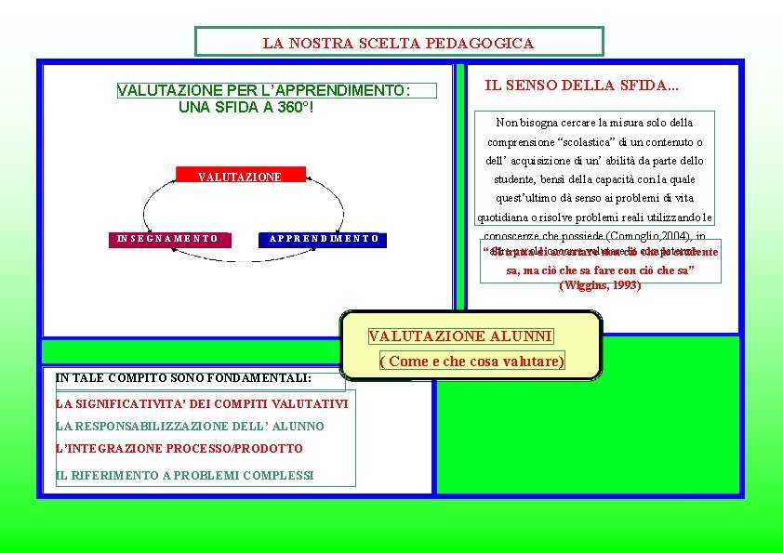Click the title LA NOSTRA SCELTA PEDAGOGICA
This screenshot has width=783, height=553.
click(398, 43)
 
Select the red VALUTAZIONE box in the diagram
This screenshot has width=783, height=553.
click(240, 177)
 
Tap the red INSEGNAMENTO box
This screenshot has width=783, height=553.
click(168, 239)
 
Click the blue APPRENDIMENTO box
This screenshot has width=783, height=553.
click(324, 239)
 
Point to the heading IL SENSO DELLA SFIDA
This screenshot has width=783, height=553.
click(582, 86)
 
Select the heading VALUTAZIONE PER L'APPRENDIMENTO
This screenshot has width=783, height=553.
click(263, 90)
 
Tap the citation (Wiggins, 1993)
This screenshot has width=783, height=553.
click(600, 286)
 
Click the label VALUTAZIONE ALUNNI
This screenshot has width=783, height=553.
click(460, 336)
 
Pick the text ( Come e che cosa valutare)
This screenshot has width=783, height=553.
click(472, 362)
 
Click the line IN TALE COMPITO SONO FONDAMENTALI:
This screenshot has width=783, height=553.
click(183, 378)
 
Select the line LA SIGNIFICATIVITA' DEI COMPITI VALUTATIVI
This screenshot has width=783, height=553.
click(202, 404)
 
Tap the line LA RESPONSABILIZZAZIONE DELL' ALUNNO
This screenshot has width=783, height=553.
click(190, 427)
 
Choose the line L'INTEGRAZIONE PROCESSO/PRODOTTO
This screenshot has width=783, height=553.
click(179, 449)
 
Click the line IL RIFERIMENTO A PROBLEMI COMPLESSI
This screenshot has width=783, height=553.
click(185, 475)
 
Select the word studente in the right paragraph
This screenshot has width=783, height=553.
click(512, 179)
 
